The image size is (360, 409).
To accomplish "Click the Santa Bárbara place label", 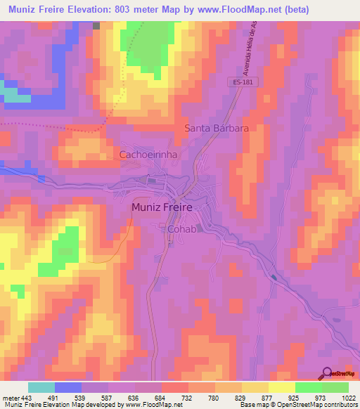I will coord(217,129).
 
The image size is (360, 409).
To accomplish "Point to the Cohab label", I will coord(181,229).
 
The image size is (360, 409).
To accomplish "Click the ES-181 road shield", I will coord(242,82).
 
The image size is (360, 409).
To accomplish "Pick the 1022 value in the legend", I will coord(348,398).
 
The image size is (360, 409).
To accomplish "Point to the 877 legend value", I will coord(268,398).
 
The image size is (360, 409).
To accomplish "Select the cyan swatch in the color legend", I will coord(41,387).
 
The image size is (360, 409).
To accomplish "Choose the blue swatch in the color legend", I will coord(68,387).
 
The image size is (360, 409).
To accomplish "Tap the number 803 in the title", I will coord(137,9).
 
